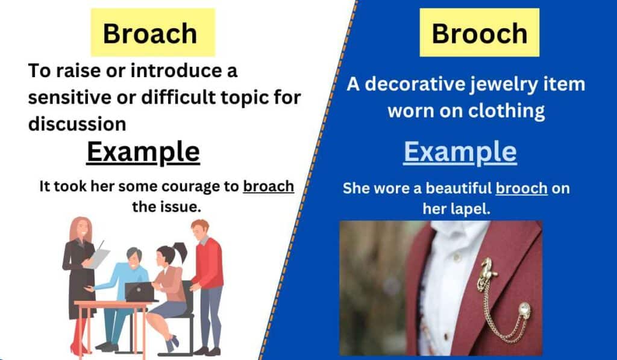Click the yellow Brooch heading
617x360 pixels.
point(479,33)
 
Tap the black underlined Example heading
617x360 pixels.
point(143,152)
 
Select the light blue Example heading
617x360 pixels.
point(460,152)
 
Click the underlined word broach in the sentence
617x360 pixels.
point(268,186)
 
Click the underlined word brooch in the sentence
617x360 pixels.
point(521,188)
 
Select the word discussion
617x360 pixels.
point(77,124)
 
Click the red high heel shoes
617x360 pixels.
point(77,349)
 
